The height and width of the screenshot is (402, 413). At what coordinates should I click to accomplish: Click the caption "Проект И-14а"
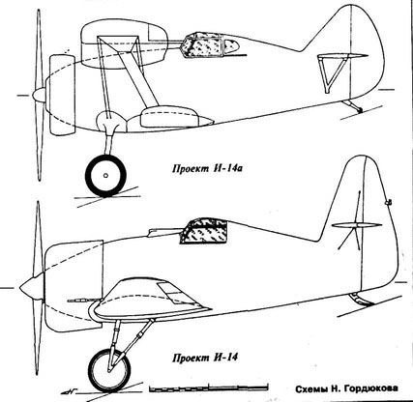(207, 168)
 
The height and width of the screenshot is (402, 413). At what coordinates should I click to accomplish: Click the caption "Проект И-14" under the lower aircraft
(205, 358)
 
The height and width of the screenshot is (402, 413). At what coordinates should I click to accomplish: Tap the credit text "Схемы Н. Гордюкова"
(346, 388)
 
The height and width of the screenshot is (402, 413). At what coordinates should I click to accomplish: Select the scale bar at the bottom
(209, 388)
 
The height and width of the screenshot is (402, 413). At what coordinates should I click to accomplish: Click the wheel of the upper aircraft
(105, 176)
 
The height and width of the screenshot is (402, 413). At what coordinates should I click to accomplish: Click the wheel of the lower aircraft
(110, 370)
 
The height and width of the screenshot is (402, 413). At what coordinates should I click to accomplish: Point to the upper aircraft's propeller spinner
(40, 94)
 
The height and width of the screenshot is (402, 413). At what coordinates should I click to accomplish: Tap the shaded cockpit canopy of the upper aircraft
(212, 44)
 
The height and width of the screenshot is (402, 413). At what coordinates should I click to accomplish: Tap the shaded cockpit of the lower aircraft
(203, 231)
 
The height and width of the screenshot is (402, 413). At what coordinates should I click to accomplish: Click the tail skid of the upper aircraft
(353, 106)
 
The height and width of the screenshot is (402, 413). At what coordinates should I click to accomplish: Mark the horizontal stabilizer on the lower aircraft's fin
(357, 226)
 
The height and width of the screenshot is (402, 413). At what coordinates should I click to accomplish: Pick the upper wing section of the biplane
(124, 44)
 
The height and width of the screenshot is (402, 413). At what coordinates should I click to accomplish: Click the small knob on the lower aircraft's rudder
(389, 202)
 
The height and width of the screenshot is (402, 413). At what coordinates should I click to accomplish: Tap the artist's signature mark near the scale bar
(69, 392)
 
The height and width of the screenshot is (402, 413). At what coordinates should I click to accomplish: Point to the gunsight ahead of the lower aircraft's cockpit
(163, 232)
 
